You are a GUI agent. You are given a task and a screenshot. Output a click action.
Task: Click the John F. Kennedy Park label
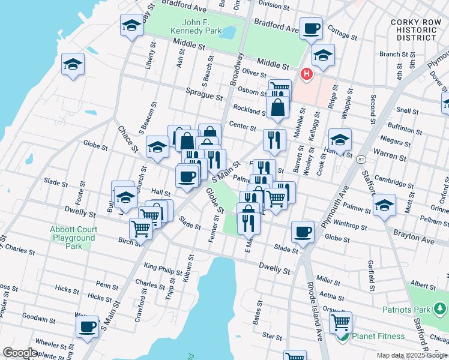click(194, 27)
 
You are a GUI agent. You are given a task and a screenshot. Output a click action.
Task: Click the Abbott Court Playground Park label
click(72, 238)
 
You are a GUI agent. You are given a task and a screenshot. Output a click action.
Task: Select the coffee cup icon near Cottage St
click(311, 28)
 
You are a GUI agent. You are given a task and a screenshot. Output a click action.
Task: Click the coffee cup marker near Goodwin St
click(88, 326)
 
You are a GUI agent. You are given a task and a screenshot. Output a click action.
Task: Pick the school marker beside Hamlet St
click(340, 140)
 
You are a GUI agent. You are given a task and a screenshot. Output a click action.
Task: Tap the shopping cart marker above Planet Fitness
click(340, 322)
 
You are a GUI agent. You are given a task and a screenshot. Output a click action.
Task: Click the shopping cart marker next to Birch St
click(140, 229)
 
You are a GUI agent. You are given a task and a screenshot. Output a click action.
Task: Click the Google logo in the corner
click(20, 353)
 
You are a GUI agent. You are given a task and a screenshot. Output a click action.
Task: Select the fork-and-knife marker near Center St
click(274, 139)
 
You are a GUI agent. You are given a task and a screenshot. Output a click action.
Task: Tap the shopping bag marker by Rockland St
click(278, 109)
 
